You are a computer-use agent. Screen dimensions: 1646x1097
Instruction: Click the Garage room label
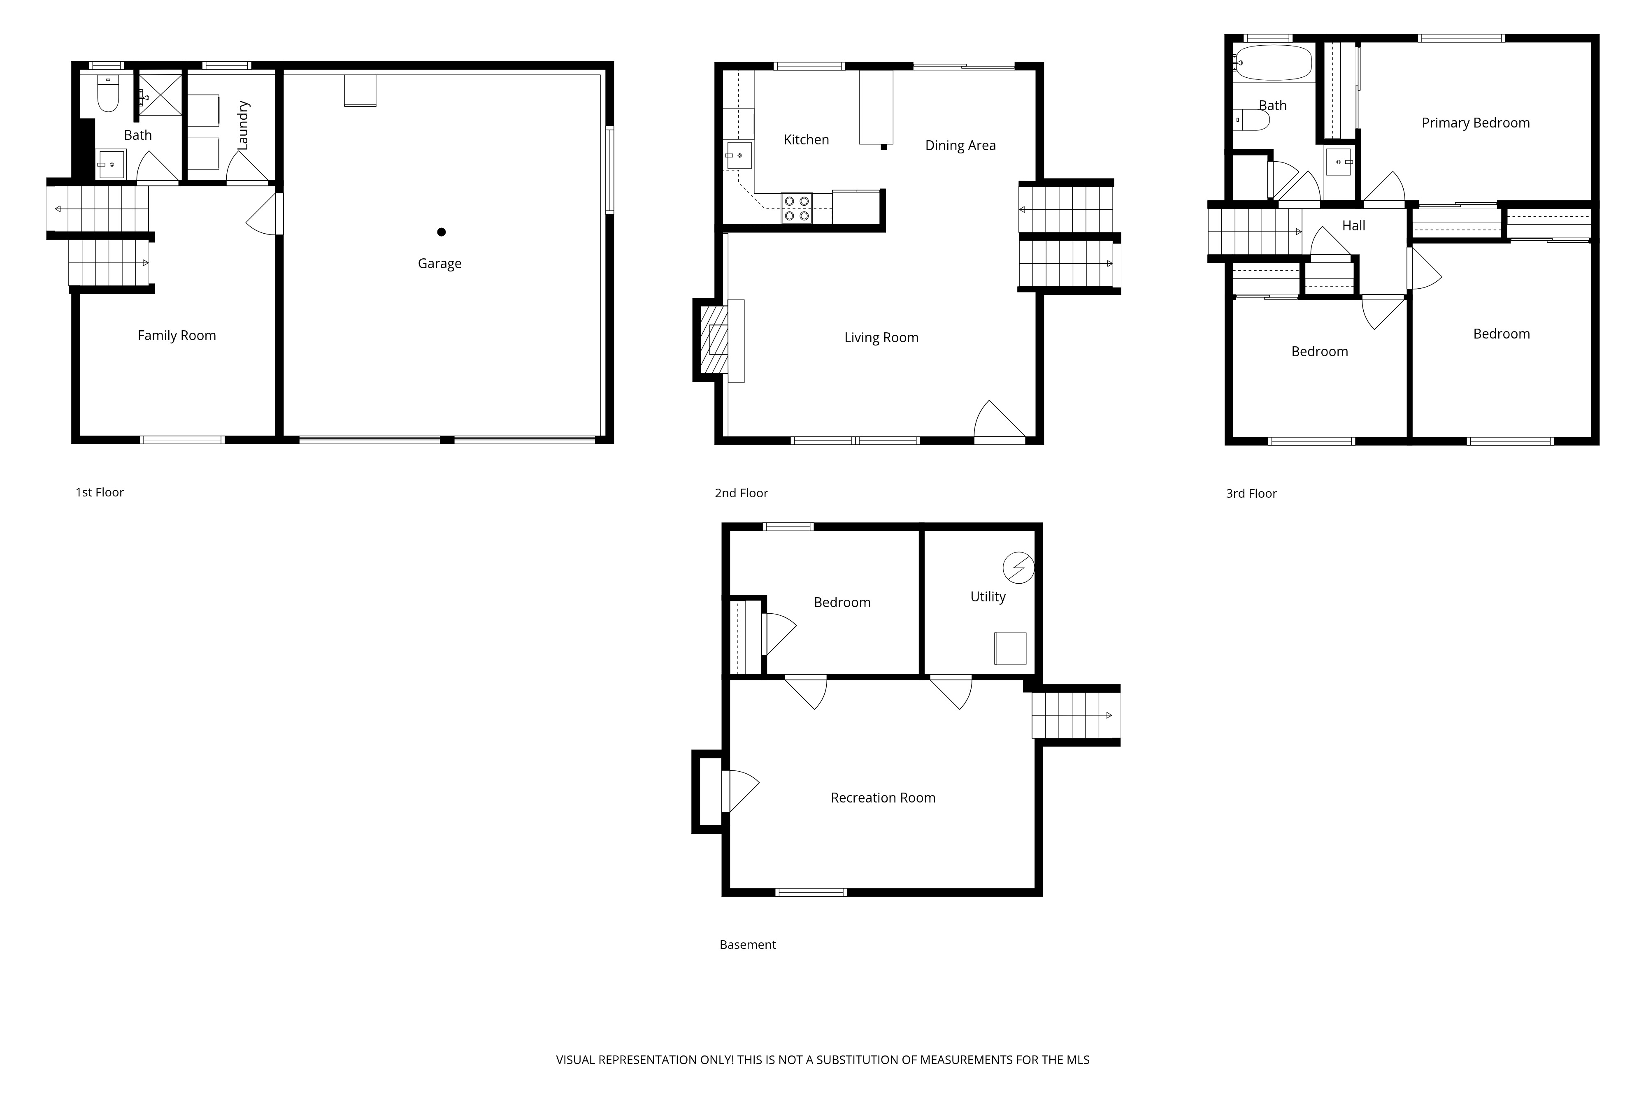[439, 264]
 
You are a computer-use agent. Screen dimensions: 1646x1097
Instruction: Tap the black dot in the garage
[442, 232]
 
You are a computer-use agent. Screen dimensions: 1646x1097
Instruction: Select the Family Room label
[177, 336]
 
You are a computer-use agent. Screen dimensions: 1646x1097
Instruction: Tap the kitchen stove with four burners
[796, 209]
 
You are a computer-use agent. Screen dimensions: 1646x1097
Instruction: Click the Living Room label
[881, 338]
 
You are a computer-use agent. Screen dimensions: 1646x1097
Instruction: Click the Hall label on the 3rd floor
[1353, 226]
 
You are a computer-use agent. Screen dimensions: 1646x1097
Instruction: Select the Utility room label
[988, 597]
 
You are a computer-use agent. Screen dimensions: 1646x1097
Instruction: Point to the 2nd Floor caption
[741, 493]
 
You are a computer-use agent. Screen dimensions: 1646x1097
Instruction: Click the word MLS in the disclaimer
[1078, 1060]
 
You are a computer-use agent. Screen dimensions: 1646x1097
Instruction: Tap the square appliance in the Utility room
[1011, 649]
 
